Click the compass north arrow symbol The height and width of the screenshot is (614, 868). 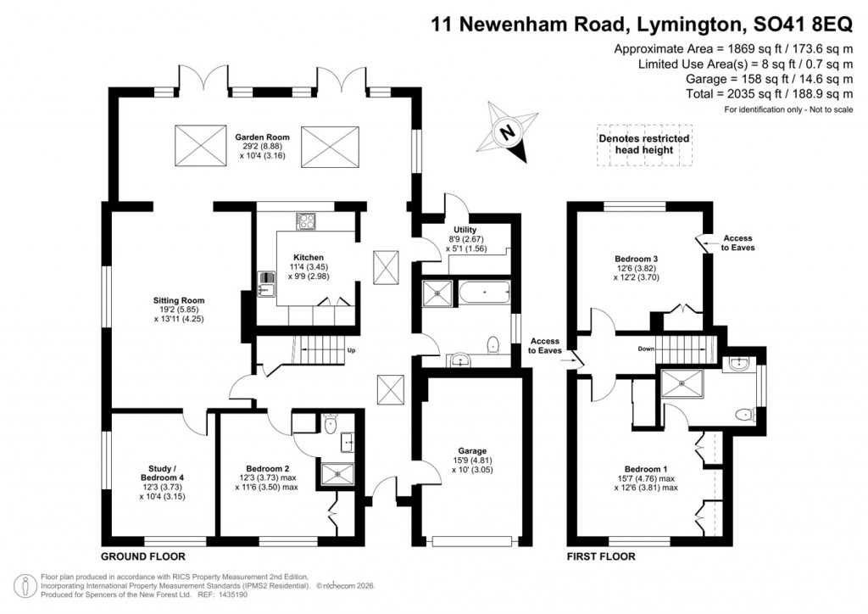pyautogui.click(x=508, y=131)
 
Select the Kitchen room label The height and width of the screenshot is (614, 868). pyautogui.click(x=309, y=266)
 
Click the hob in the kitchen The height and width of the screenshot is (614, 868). pyautogui.click(x=306, y=220)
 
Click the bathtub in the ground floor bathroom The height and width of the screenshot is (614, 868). pyautogui.click(x=484, y=293)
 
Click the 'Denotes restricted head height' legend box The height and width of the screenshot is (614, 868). pyautogui.click(x=643, y=144)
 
